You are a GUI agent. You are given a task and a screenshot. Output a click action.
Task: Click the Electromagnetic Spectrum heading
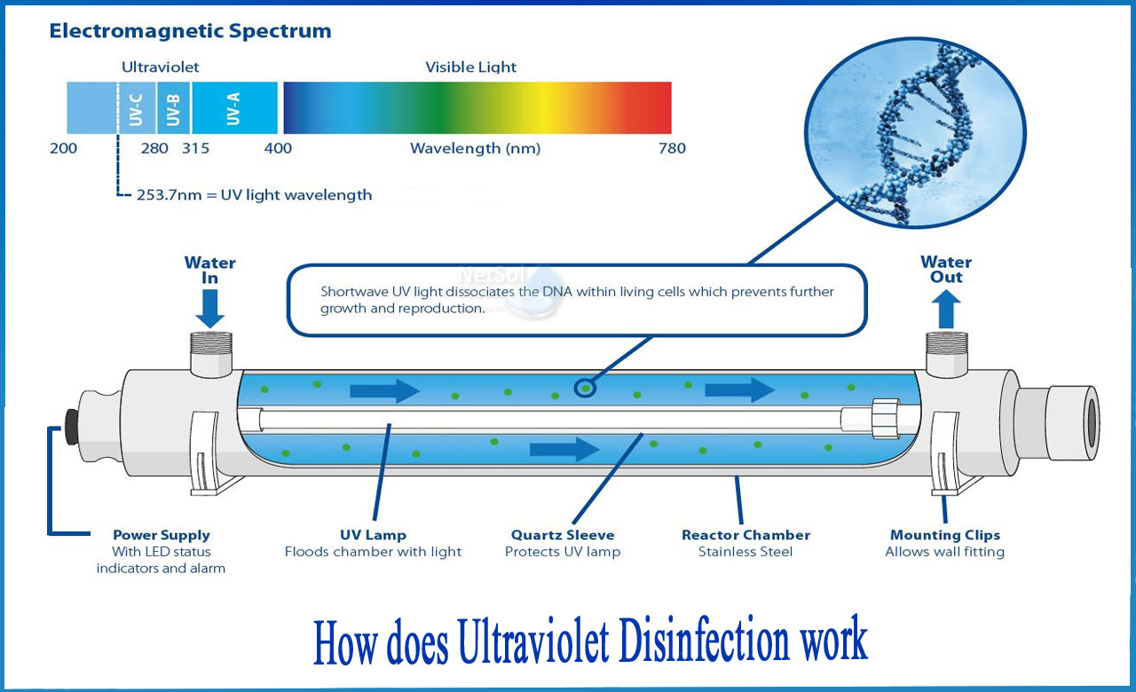(190, 32)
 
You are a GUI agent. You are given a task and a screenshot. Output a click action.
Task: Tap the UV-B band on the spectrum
(173, 107)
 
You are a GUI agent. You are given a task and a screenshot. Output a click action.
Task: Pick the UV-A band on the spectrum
(234, 107)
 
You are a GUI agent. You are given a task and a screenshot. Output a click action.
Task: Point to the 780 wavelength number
(672, 148)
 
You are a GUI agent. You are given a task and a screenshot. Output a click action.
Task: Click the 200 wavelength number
(63, 148)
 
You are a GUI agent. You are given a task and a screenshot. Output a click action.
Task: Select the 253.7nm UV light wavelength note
(254, 194)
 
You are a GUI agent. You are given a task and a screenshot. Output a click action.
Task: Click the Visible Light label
(470, 67)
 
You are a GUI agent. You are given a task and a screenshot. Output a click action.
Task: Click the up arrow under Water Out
(946, 311)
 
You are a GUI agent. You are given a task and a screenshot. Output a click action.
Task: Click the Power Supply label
(161, 535)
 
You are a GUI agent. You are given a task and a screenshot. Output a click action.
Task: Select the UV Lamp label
(373, 535)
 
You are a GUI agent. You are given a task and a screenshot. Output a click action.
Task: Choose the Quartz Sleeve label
(563, 535)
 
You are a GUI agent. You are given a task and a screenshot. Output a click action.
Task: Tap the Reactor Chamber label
(745, 535)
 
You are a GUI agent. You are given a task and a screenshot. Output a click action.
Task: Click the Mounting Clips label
(944, 535)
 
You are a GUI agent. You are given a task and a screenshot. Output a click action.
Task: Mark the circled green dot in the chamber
(585, 388)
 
